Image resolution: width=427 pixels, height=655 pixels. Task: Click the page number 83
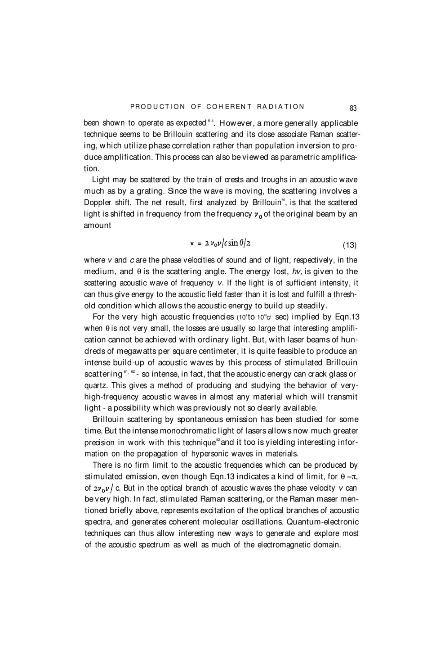[x=353, y=108]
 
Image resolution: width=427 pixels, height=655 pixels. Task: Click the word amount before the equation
[x=98, y=225]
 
